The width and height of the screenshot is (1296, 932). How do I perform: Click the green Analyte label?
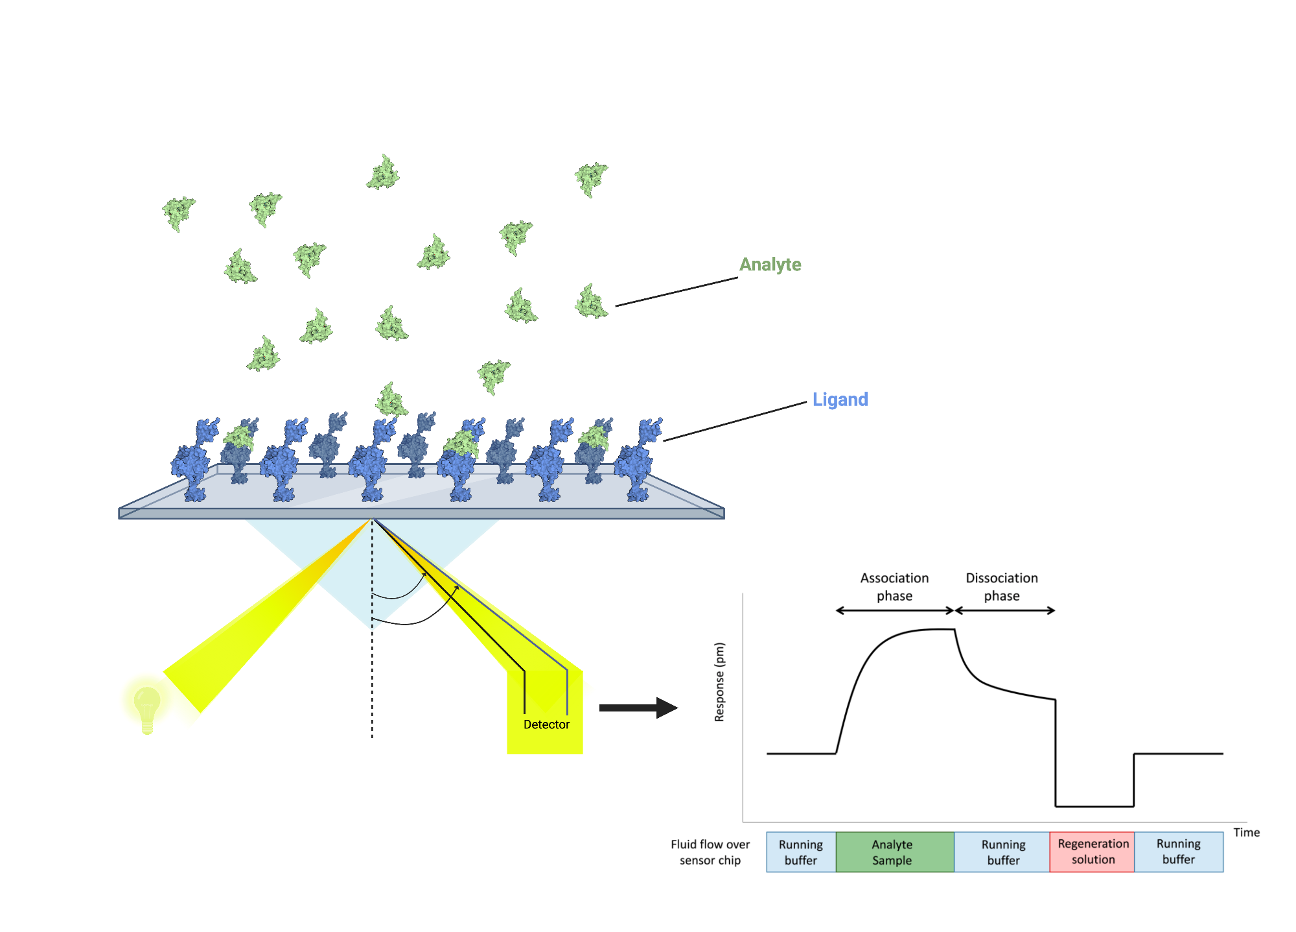[770, 265]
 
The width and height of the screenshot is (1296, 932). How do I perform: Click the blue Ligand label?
[840, 400]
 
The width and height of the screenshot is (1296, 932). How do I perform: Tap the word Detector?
[546, 724]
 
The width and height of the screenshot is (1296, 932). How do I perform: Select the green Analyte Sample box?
[894, 852]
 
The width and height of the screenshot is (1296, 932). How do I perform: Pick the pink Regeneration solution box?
[1093, 852]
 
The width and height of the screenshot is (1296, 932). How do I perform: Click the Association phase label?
[894, 586]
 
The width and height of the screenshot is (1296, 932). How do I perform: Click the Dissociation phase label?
[1002, 586]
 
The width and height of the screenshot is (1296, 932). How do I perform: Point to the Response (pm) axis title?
[719, 682]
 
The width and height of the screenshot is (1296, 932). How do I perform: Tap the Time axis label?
[1246, 832]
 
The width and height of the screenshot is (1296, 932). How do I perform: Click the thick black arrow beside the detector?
[638, 708]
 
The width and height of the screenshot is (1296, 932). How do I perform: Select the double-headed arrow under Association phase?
[894, 610]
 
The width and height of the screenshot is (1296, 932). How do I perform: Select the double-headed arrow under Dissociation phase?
[1004, 610]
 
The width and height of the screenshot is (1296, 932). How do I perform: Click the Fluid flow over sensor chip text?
[710, 852]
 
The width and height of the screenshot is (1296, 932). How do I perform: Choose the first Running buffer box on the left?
[801, 852]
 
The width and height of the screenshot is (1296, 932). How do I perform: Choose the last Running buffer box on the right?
[1178, 852]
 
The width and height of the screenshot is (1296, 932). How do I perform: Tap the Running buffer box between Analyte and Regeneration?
[1002, 852]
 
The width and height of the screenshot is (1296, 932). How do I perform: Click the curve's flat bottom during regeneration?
[1094, 806]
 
